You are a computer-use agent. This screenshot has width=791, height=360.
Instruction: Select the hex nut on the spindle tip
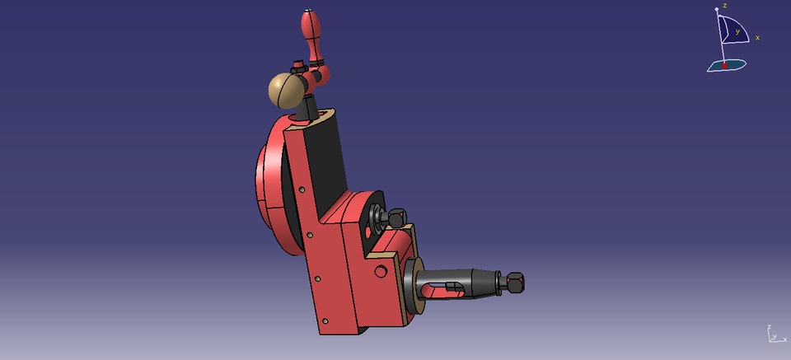click(x=514, y=283)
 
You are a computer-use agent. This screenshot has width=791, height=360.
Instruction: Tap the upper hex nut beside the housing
click(x=395, y=218)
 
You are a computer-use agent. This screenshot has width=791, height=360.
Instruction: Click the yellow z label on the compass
click(x=724, y=6)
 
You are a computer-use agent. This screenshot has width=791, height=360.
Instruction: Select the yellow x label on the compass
click(x=757, y=37)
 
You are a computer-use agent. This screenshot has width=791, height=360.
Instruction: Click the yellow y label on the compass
click(x=737, y=32)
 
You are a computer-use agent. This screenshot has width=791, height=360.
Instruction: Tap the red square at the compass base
click(x=724, y=65)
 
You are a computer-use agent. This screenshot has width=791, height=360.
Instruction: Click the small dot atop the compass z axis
click(x=717, y=9)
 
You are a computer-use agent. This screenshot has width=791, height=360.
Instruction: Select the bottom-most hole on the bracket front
click(x=326, y=320)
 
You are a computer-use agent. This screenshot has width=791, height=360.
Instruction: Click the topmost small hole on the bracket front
click(x=302, y=190)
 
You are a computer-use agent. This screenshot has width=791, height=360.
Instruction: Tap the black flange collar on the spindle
click(x=411, y=284)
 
